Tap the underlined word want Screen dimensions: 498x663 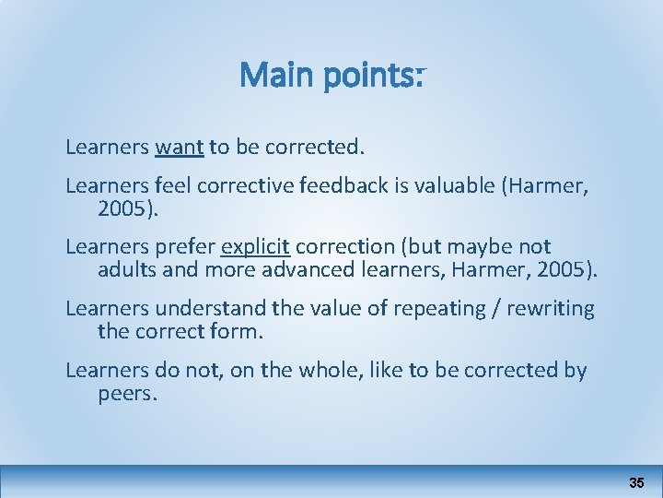coord(180,146)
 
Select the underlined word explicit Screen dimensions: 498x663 coord(255,246)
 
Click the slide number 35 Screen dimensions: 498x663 coord(636,482)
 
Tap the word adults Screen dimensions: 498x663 coord(125,270)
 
